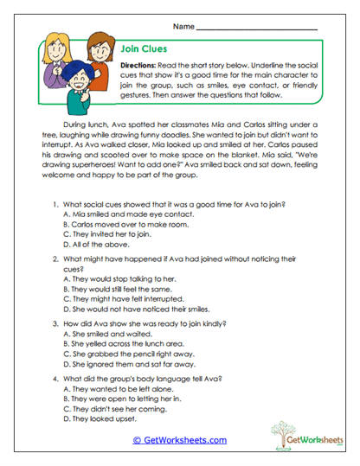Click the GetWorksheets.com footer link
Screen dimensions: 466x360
pos(179,440)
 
